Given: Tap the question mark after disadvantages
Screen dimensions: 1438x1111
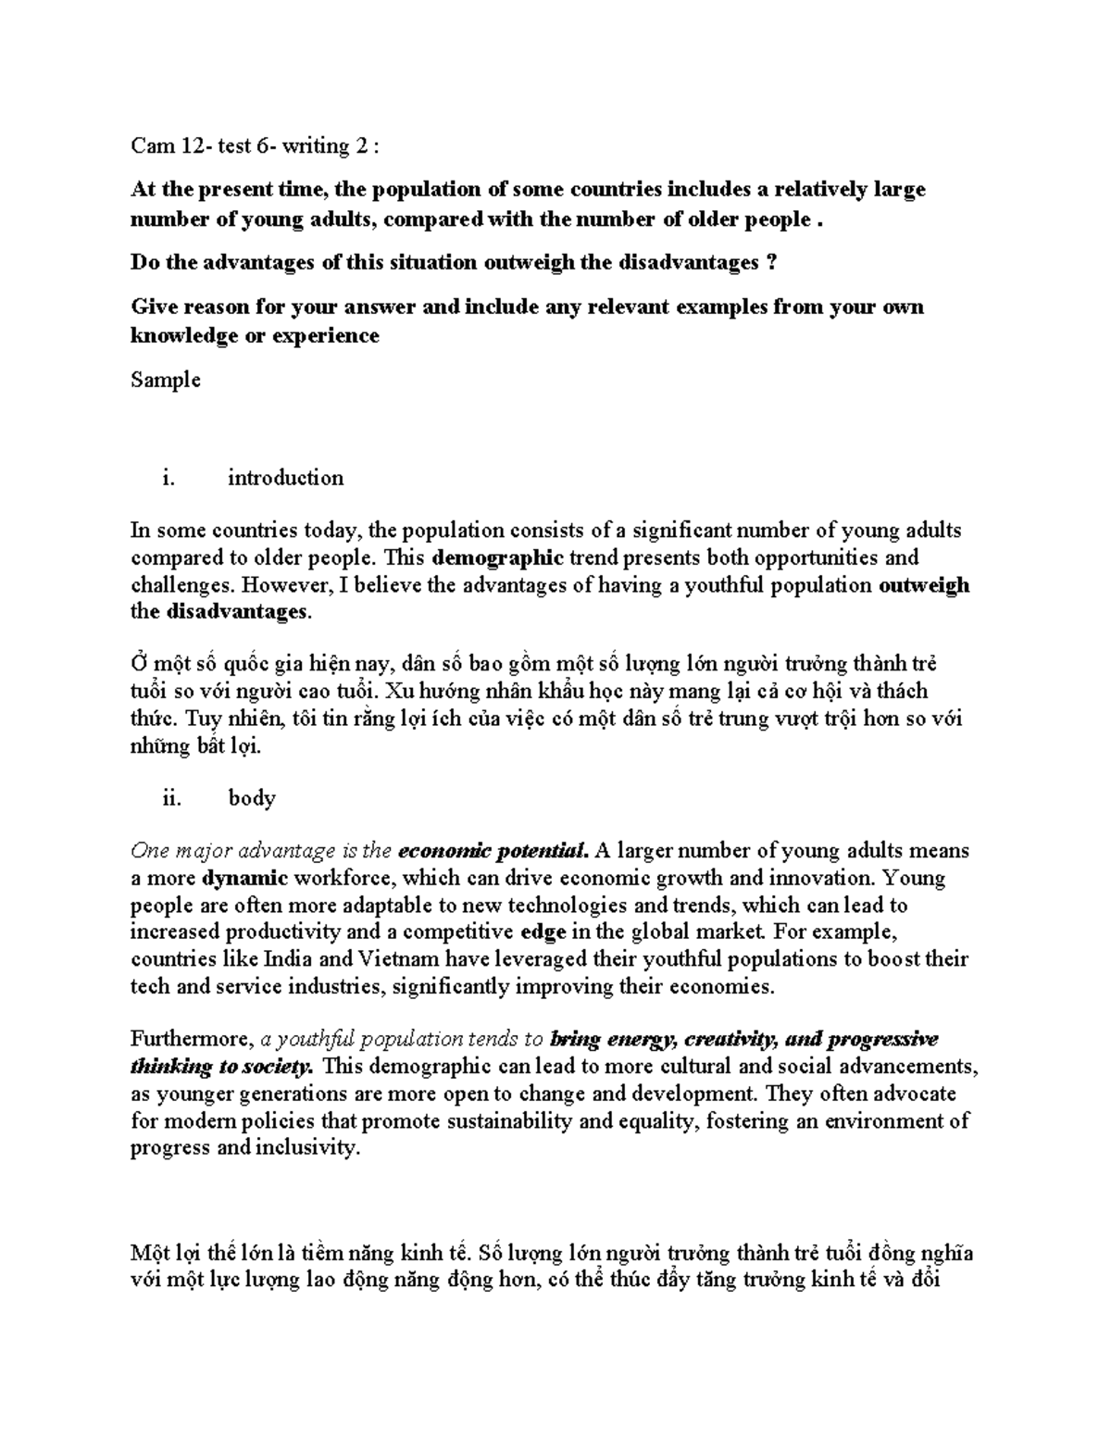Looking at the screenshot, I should click(x=772, y=263).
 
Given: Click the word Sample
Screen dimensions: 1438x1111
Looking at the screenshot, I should click(x=166, y=380).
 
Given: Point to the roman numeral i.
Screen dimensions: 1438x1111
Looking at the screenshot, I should click(x=167, y=478).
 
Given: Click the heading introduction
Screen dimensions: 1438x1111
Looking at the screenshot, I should click(x=285, y=478).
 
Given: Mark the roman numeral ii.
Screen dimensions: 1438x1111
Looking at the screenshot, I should click(x=171, y=798).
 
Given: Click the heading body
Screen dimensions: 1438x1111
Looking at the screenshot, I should click(x=252, y=798).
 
